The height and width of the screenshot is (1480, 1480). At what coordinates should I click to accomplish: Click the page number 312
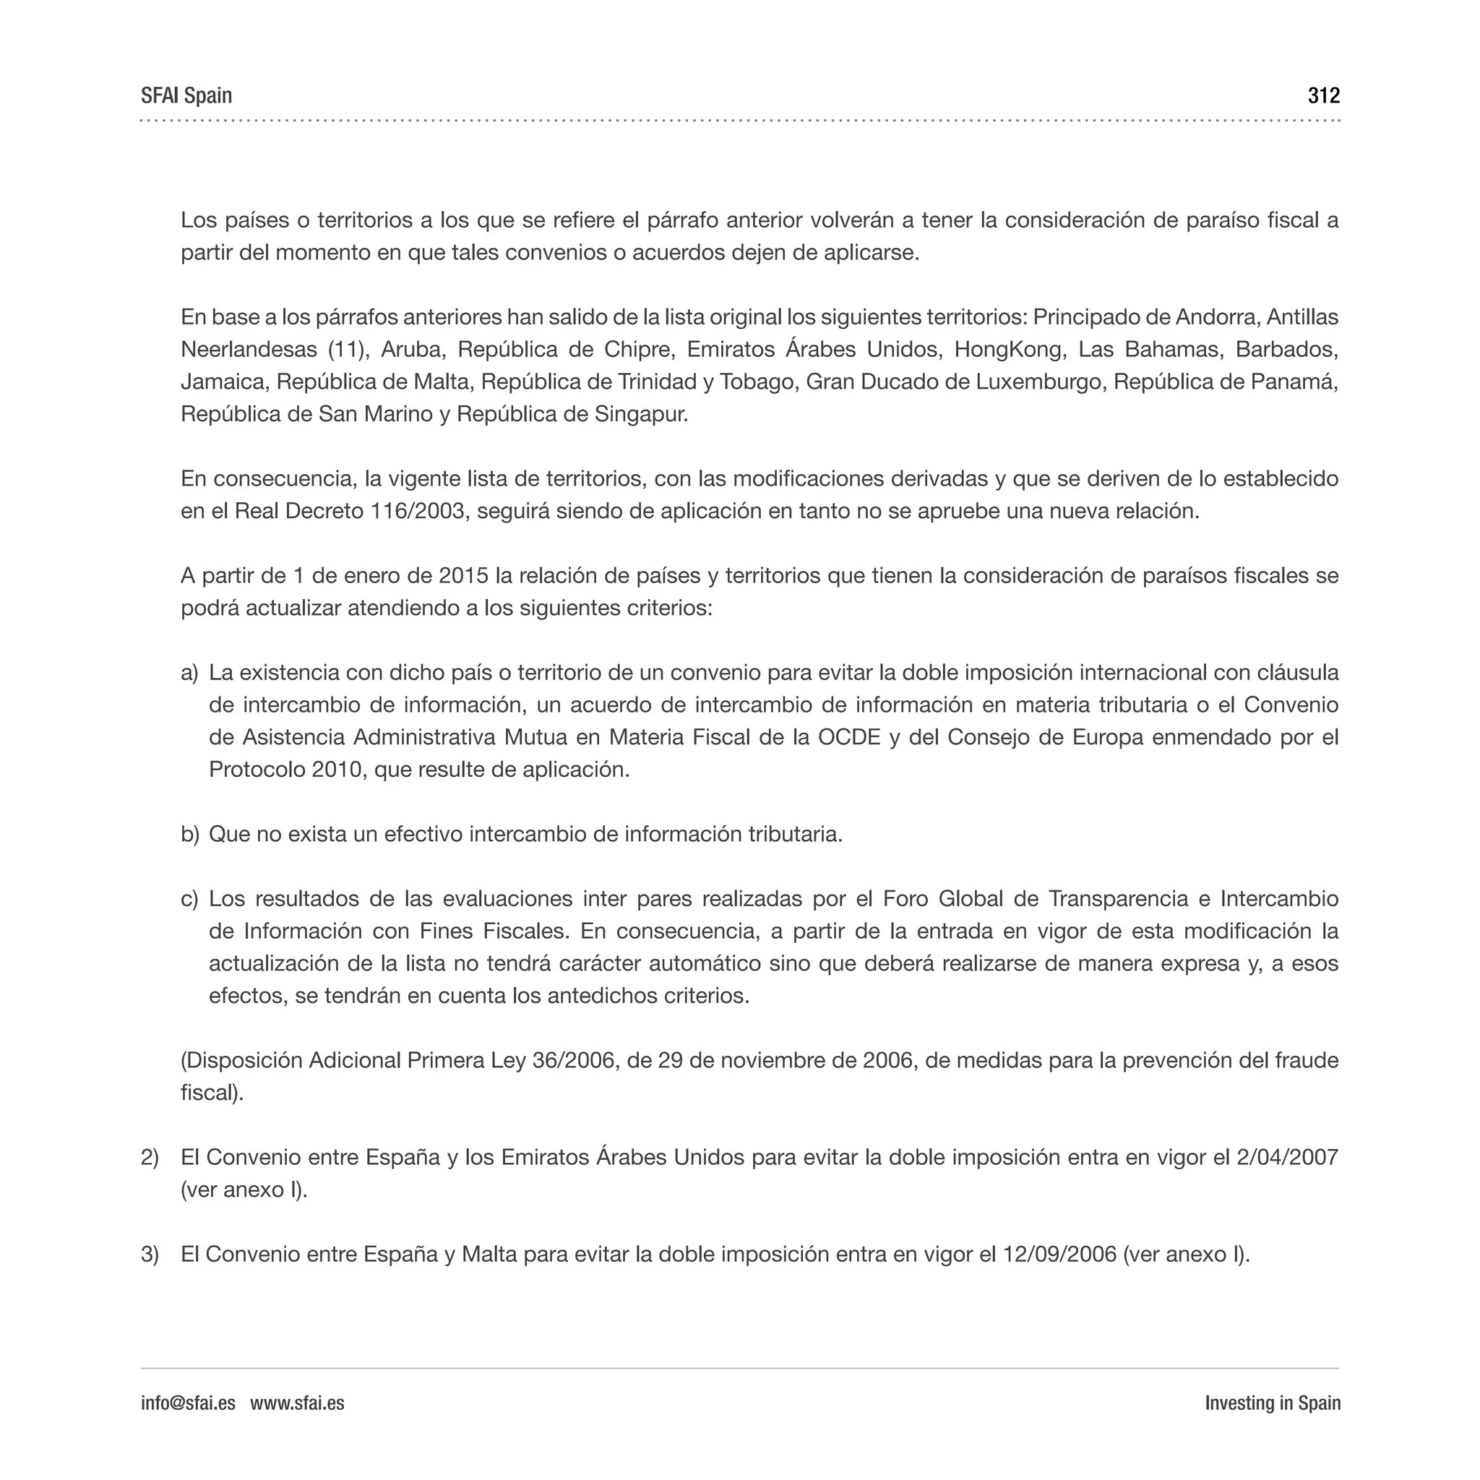[x=1323, y=96]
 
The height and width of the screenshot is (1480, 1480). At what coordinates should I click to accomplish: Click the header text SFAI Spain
[x=186, y=96]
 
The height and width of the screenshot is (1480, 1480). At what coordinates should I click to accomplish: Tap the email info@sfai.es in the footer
[x=188, y=1403]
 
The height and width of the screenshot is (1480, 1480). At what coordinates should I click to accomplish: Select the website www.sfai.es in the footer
[x=297, y=1403]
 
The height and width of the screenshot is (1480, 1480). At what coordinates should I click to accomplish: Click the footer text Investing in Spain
[x=1273, y=1403]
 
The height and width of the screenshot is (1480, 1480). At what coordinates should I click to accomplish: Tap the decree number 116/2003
[x=418, y=511]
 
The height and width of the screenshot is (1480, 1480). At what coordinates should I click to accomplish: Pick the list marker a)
[x=189, y=673]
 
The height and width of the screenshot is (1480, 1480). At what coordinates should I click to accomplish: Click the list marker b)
[x=189, y=834]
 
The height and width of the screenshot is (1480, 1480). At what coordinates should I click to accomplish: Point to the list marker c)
[x=189, y=898]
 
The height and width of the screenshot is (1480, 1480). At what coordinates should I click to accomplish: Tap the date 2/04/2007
[x=1287, y=1157]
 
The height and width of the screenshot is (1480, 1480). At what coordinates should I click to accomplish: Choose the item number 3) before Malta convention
[x=150, y=1254]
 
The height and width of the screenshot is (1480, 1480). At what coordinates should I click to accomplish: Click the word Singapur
[x=641, y=414]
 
